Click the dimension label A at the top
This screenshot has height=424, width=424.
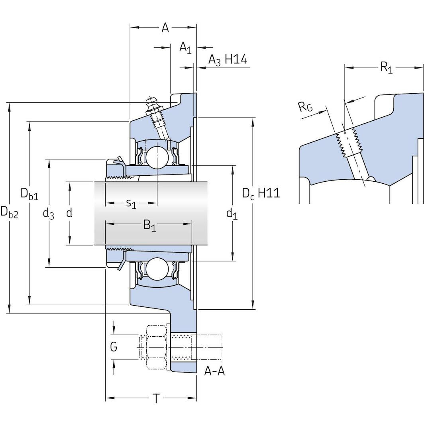[165, 27]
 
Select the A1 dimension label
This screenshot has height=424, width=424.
[185, 48]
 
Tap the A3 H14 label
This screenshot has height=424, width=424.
[228, 60]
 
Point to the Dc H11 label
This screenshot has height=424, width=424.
[261, 193]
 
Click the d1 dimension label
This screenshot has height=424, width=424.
[232, 214]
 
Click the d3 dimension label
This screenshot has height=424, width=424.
[48, 214]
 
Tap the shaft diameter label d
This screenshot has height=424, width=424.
[69, 213]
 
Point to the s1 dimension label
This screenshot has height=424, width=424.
[131, 204]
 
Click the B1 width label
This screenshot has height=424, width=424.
[150, 226]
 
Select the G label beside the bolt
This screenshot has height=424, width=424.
[114, 347]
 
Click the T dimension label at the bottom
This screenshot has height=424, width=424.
[156, 398]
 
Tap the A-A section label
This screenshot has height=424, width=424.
[214, 371]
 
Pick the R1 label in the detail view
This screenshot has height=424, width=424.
[386, 67]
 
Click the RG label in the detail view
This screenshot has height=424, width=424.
[306, 107]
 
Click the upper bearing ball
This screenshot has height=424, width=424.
[157, 157]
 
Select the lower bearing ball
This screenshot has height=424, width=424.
[157, 269]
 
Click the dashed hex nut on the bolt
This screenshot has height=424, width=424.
[156, 347]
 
